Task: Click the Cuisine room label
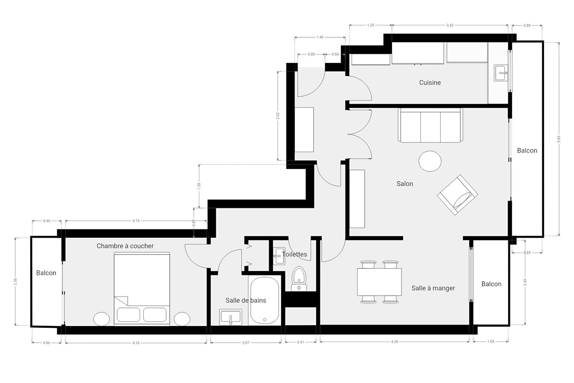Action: tap(430, 83)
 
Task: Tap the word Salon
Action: tap(405, 184)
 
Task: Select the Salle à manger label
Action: tap(433, 288)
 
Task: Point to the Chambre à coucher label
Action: tap(125, 246)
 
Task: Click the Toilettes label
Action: tap(294, 254)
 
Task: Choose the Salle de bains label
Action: tap(246, 300)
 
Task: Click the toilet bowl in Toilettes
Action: tap(299, 279)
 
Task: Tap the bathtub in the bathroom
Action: tap(265, 300)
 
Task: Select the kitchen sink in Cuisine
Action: tap(501, 72)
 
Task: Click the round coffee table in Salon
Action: tap(430, 161)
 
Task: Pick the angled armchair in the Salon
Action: tap(457, 195)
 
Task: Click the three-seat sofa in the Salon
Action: tap(430, 125)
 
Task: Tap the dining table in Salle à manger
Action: tap(379, 282)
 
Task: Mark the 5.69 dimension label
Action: tap(559, 139)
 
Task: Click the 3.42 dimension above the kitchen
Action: tap(450, 25)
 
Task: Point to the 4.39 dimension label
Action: tap(395, 342)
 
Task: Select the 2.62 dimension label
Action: tap(278, 116)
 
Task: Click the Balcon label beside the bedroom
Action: tap(46, 273)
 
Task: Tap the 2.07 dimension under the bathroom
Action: tap(246, 343)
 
